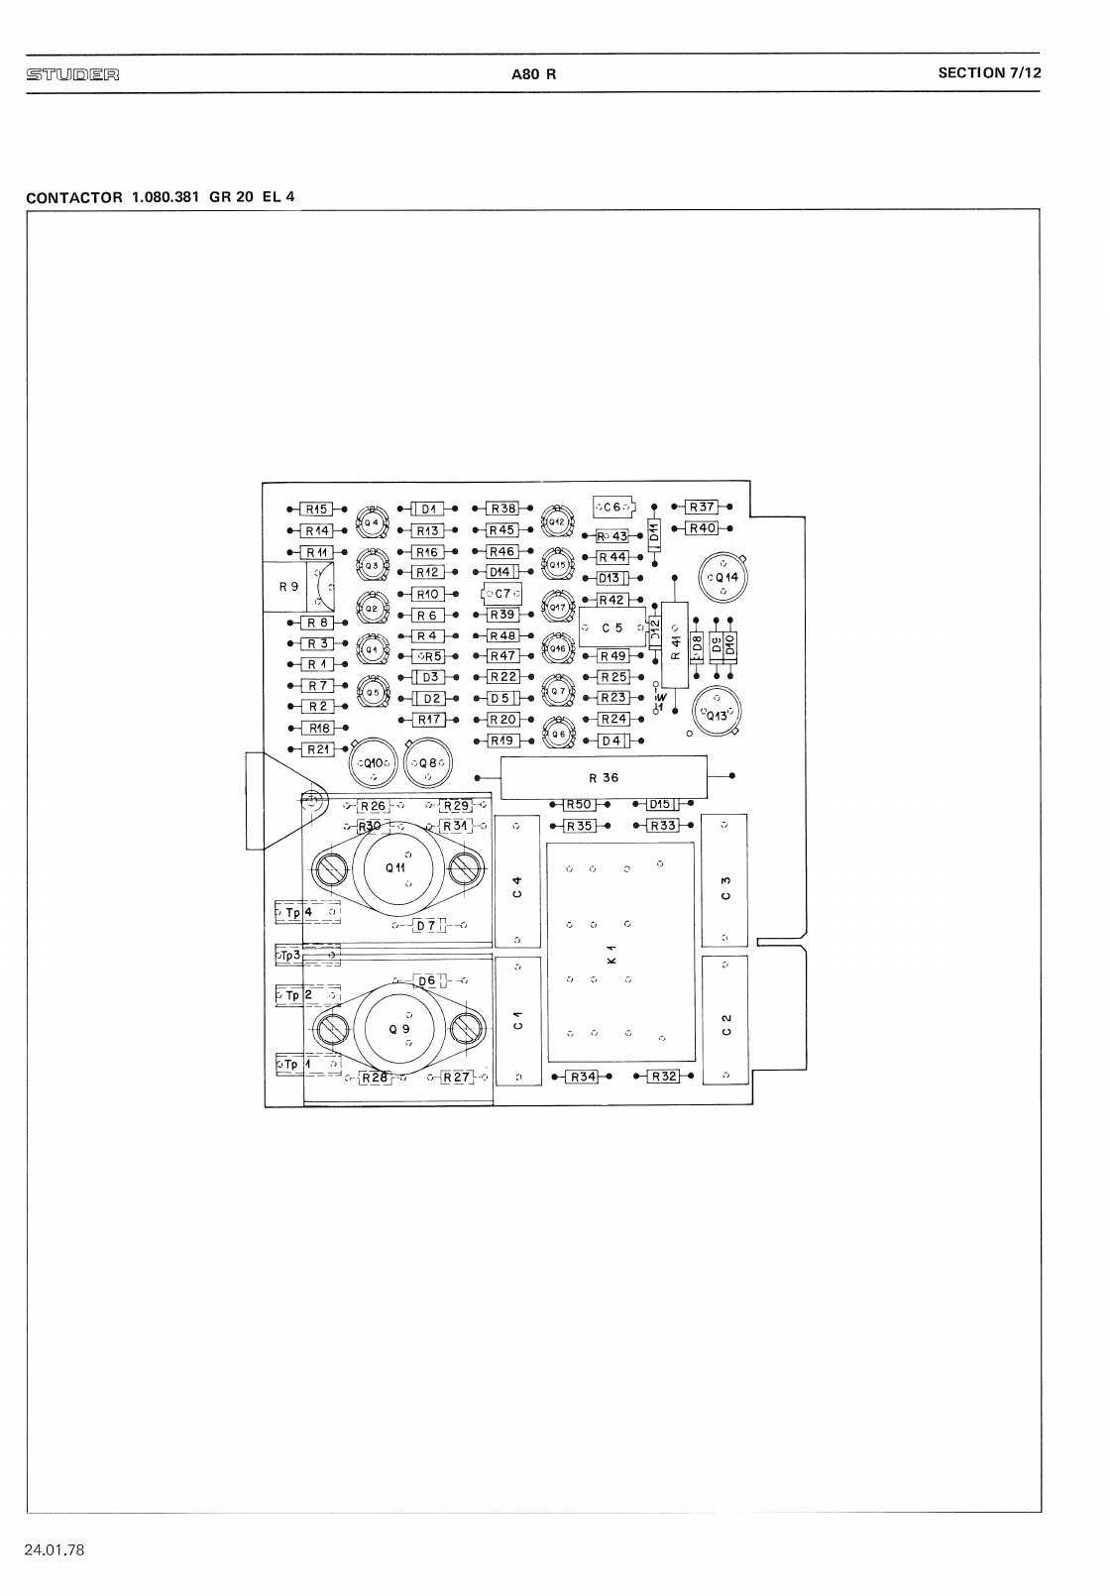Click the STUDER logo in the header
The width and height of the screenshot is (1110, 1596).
[73, 73]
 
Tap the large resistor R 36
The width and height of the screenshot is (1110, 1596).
[604, 777]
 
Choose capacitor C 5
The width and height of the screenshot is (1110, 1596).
[612, 628]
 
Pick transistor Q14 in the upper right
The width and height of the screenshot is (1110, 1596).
[723, 578]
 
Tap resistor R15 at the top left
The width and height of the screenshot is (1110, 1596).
[316, 509]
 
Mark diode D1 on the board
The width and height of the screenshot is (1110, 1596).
[428, 509]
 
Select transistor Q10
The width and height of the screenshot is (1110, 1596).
[373, 763]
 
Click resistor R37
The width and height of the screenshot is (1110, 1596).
[702, 508]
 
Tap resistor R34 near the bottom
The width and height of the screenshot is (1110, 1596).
[582, 1076]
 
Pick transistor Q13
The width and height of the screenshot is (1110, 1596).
[716, 713]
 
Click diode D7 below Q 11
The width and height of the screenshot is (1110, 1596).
[429, 925]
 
